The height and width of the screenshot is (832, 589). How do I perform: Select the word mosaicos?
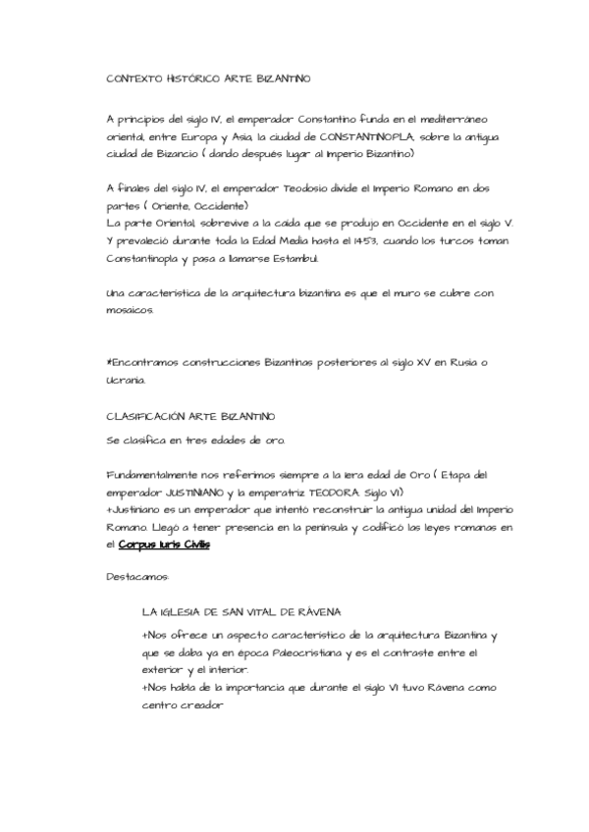click(x=130, y=309)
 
